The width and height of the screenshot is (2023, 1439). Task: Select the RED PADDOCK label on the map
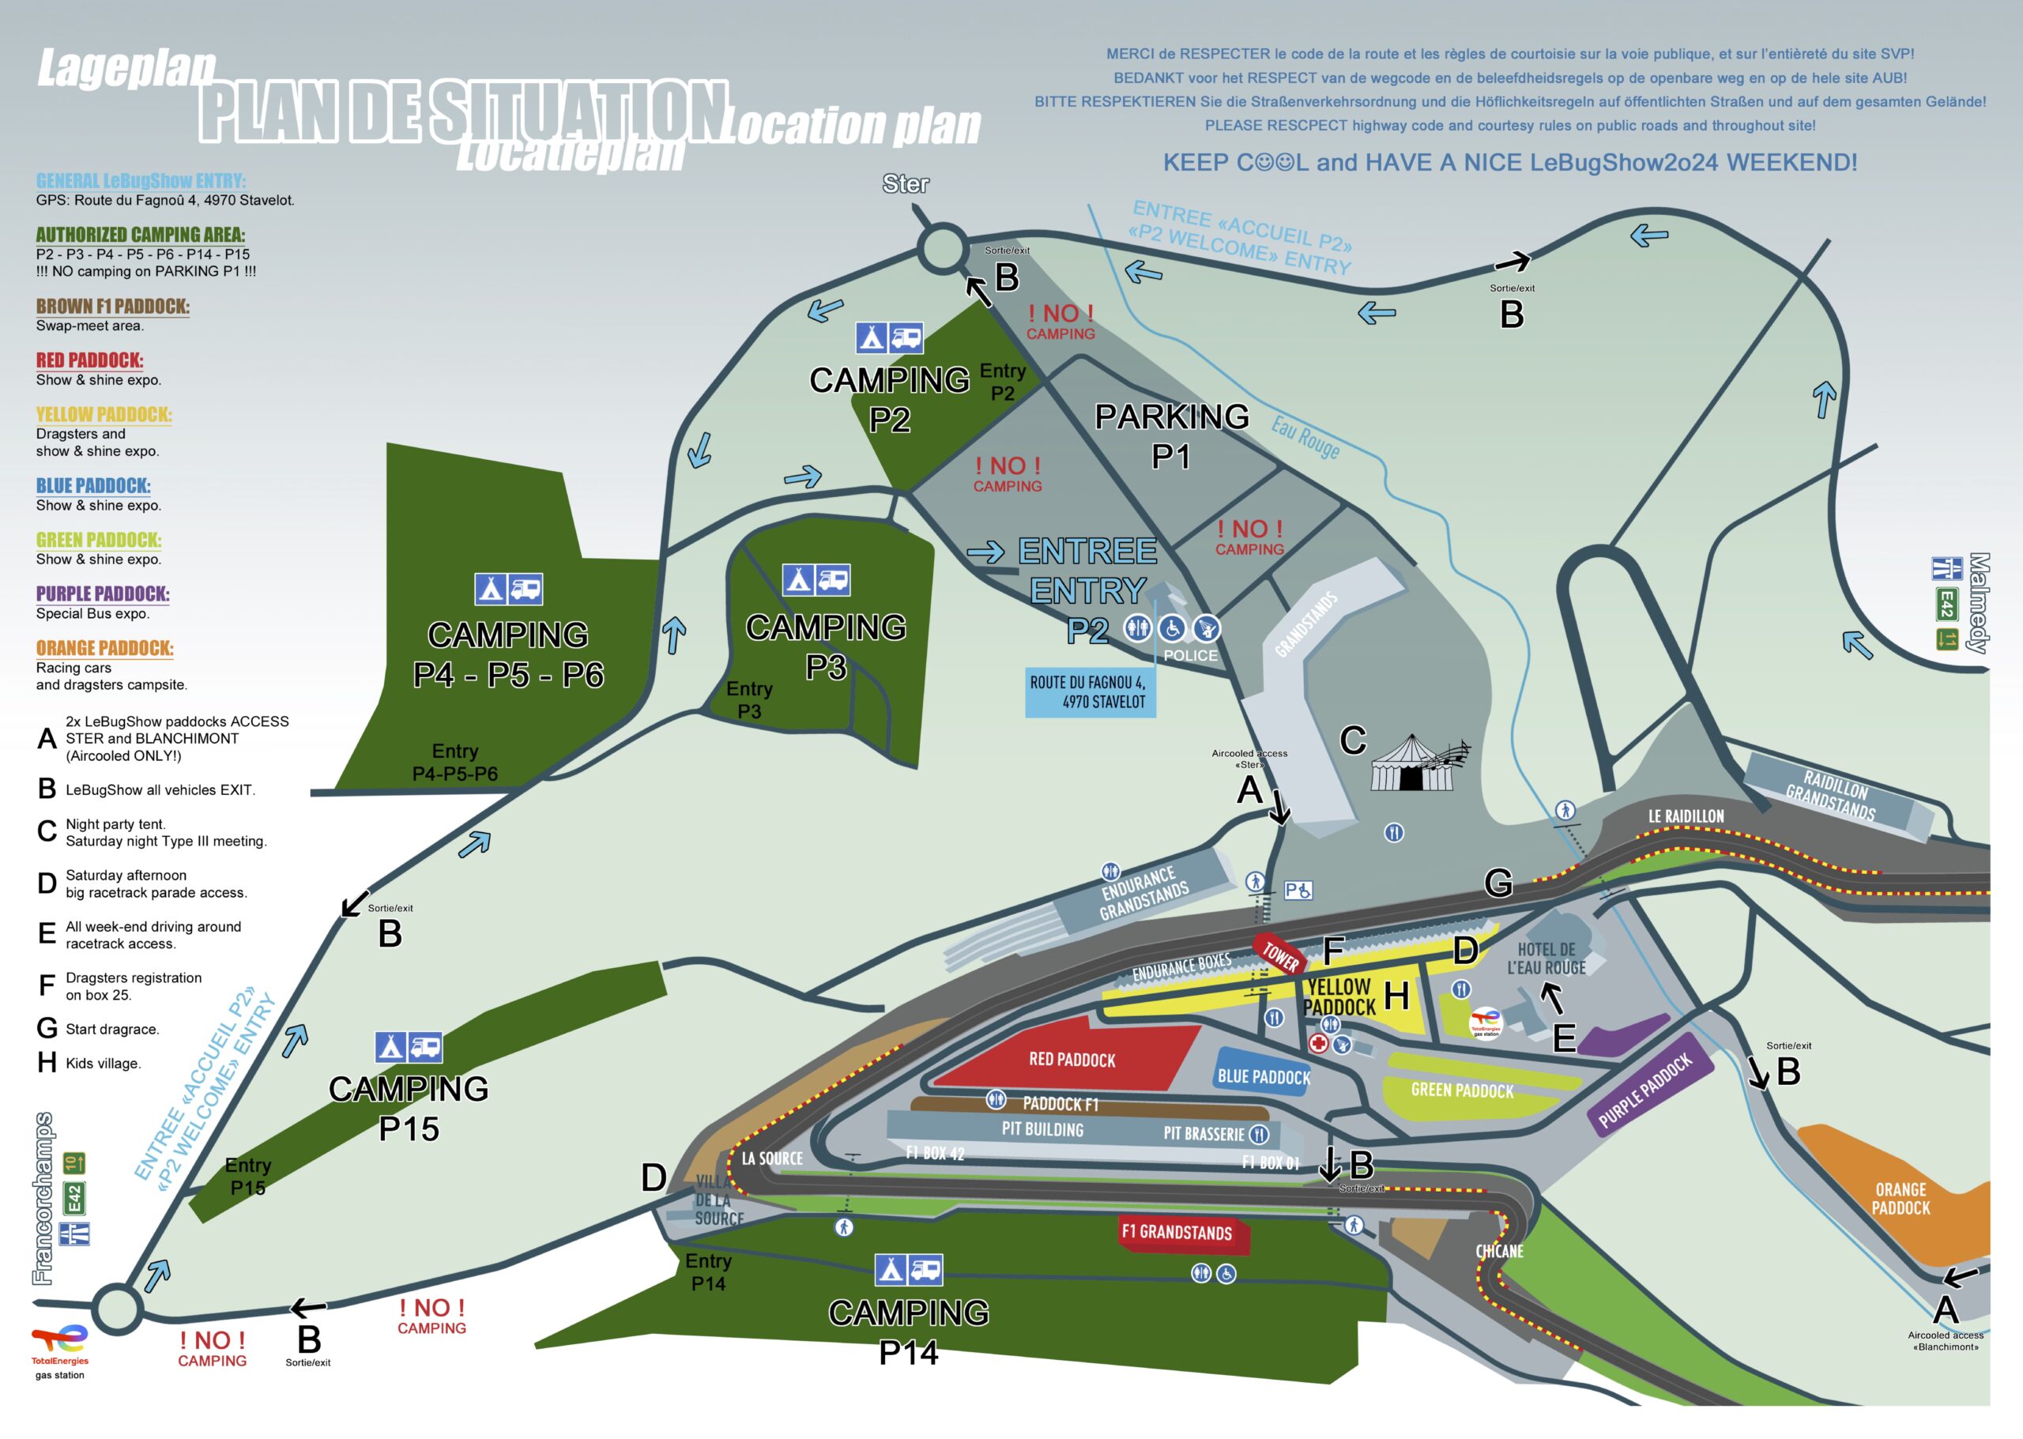1072,1060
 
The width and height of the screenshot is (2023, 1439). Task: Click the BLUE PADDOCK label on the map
1263,1076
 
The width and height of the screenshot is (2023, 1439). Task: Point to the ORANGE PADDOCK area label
1901,1198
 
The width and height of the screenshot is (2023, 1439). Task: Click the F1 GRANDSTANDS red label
1177,1233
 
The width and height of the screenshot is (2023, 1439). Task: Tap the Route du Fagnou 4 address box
1089,692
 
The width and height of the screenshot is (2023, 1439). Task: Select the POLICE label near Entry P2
1190,656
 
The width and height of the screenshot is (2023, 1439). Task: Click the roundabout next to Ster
942,249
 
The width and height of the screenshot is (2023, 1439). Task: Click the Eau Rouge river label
1305,437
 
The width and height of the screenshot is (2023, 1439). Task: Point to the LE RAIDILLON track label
1686,816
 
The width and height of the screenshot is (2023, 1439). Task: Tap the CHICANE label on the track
1499,1251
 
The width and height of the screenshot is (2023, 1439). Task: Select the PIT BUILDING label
1042,1129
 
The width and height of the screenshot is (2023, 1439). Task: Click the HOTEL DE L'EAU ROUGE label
1546,959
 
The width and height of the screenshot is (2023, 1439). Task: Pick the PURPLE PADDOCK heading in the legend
103,593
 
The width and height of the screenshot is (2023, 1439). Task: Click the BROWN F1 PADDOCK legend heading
112,307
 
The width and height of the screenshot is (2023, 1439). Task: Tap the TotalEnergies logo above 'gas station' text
59,1338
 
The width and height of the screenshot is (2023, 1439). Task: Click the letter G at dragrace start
1497,883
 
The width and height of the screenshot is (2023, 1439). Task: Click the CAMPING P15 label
409,1108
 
